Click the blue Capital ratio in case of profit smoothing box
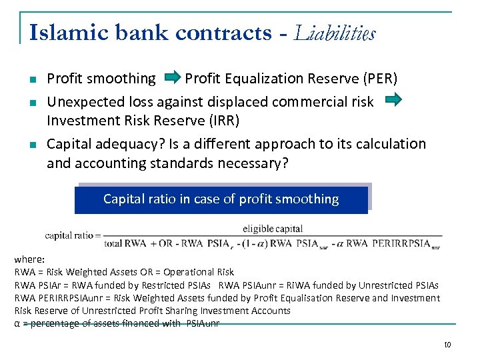[x=221, y=199]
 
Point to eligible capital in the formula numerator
[x=273, y=229]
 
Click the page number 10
[x=447, y=345]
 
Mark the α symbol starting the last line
[x=17, y=323]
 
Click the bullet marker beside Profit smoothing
[x=31, y=80]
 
